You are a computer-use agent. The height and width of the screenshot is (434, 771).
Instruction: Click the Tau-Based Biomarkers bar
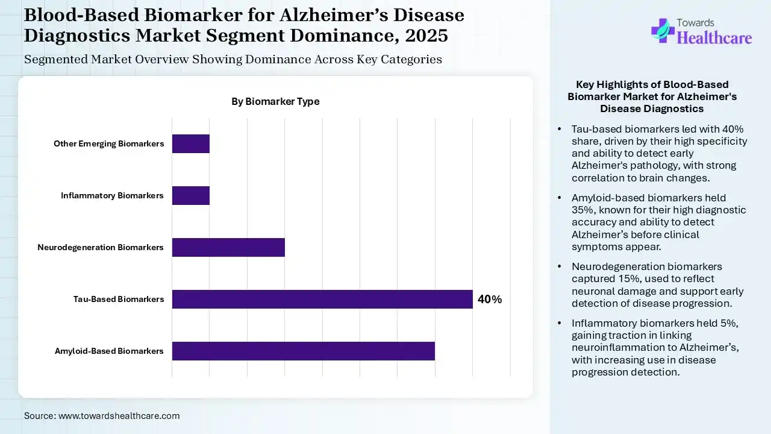click(322, 299)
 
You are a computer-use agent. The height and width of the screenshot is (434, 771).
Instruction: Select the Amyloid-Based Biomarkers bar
click(303, 351)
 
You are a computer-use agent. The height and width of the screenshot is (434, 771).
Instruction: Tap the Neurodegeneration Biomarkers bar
click(228, 247)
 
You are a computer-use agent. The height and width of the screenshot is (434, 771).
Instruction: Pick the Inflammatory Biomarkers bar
click(191, 195)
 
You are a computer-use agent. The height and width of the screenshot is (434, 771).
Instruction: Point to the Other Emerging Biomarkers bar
click(191, 143)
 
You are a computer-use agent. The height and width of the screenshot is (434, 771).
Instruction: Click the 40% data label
click(489, 300)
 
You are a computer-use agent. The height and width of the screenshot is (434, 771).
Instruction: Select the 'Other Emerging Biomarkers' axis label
click(108, 143)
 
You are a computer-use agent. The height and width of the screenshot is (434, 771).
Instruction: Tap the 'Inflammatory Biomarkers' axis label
click(112, 195)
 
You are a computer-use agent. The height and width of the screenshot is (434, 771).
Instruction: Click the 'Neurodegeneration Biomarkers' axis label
click(101, 247)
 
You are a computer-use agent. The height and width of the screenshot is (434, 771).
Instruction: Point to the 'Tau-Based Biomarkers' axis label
click(119, 299)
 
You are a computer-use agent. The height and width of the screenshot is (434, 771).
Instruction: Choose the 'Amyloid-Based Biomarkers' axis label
click(109, 351)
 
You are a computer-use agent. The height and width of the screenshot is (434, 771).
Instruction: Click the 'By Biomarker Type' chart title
click(275, 101)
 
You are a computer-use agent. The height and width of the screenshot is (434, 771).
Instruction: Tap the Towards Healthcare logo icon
click(662, 30)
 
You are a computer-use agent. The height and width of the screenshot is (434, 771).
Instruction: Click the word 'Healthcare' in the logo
click(714, 38)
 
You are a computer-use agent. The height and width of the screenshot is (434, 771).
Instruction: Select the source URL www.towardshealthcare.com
click(119, 416)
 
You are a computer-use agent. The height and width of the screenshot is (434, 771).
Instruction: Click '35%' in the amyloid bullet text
click(582, 210)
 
